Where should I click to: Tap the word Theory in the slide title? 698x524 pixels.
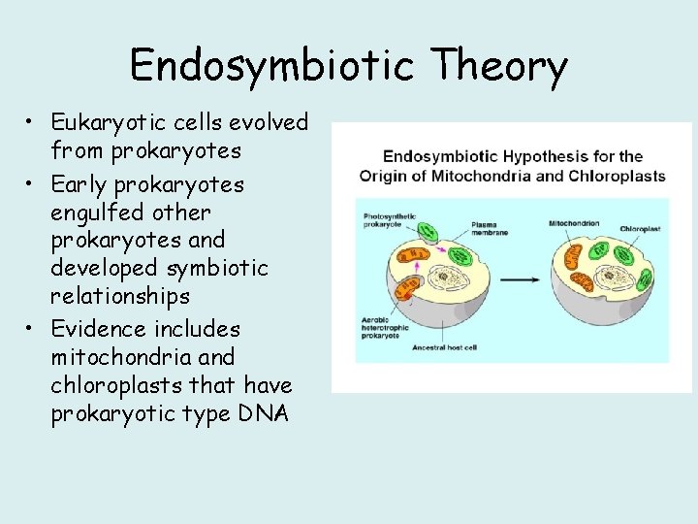[500, 67]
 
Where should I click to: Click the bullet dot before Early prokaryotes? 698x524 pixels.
[33, 184]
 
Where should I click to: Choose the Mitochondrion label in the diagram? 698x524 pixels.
[574, 224]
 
